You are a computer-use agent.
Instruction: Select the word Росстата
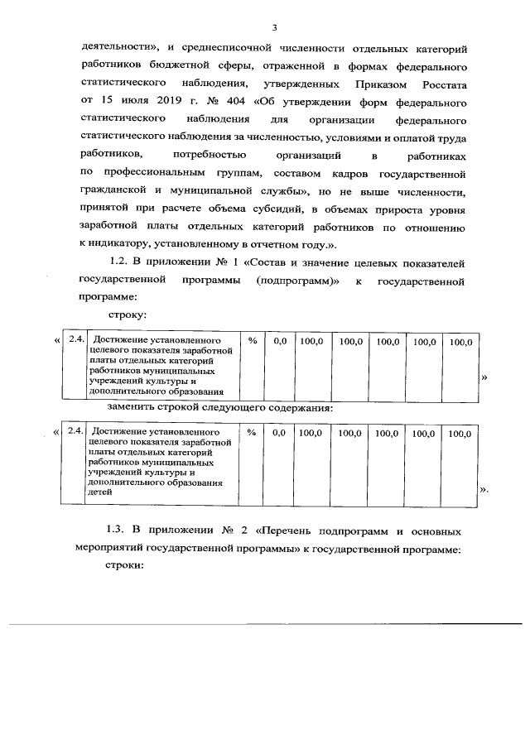[x=436, y=84]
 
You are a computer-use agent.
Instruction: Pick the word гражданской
[x=111, y=191]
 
